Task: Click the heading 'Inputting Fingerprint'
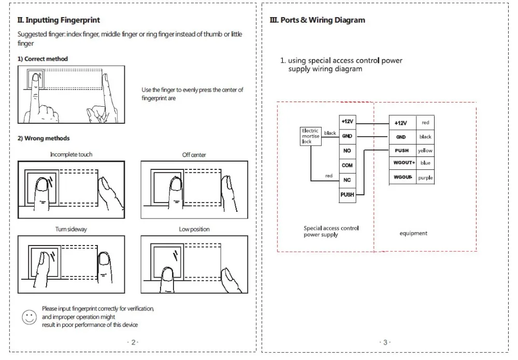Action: point(59,20)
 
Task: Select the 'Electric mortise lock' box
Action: point(311,136)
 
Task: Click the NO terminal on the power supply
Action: point(347,151)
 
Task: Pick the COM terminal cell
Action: point(347,165)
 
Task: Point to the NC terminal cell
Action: point(347,180)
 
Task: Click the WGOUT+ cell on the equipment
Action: point(404,163)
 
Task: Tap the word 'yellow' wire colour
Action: point(425,151)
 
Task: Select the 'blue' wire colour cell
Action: point(425,163)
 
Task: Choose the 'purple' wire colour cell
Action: point(425,177)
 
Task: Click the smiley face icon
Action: point(30,317)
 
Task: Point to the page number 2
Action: point(133,342)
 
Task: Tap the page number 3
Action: point(384,342)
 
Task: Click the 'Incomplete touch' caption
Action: point(71,154)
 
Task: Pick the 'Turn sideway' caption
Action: point(71,229)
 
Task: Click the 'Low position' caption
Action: point(194,229)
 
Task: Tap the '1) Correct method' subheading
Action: point(43,59)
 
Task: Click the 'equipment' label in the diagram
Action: point(413,233)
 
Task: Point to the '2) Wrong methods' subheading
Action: point(44,138)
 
